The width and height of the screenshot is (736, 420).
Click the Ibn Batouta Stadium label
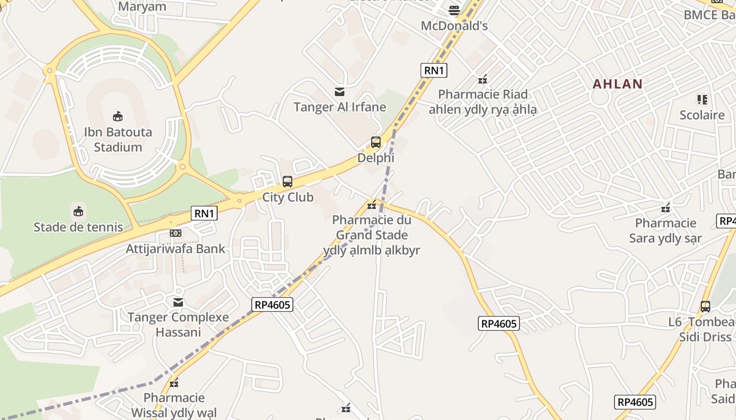click(118, 140)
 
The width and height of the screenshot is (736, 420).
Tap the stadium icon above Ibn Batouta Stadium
click(118, 116)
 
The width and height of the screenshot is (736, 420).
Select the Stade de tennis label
click(78, 227)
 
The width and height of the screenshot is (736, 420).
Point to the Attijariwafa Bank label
click(176, 249)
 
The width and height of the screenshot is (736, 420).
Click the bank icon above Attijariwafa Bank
click(176, 233)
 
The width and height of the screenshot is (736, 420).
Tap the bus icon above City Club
click(288, 182)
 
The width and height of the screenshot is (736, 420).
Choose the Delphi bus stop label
click(375, 158)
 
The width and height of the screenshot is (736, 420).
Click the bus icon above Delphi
click(375, 142)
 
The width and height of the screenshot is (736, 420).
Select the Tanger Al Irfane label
click(340, 108)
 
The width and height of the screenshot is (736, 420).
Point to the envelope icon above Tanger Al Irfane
click(340, 92)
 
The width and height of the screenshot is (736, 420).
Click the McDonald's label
click(454, 26)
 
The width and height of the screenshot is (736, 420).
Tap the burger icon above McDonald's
click(454, 10)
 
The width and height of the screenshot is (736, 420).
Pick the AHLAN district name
click(618, 84)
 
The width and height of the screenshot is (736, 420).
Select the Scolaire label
click(702, 115)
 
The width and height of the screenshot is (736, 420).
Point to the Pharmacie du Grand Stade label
click(372, 235)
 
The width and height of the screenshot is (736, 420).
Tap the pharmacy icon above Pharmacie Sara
click(666, 208)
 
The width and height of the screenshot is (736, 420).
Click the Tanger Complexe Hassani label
click(178, 324)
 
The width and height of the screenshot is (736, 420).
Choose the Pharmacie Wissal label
click(174, 405)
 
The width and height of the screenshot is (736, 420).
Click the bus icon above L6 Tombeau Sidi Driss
click(705, 306)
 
